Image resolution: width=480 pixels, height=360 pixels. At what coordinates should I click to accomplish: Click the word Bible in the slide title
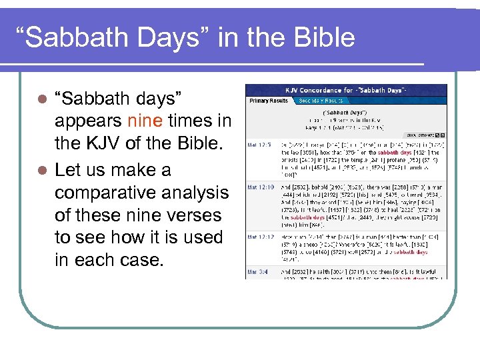pyautogui.click(x=323, y=38)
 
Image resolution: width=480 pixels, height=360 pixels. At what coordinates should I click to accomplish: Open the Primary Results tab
pyautogui.click(x=269, y=101)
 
